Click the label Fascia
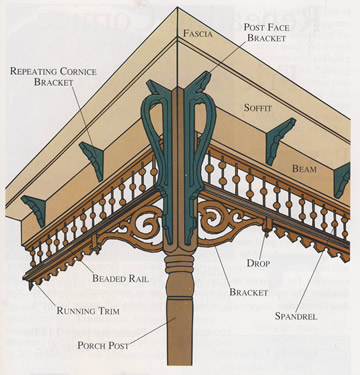198,34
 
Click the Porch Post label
108,346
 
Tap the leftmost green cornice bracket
32,209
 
